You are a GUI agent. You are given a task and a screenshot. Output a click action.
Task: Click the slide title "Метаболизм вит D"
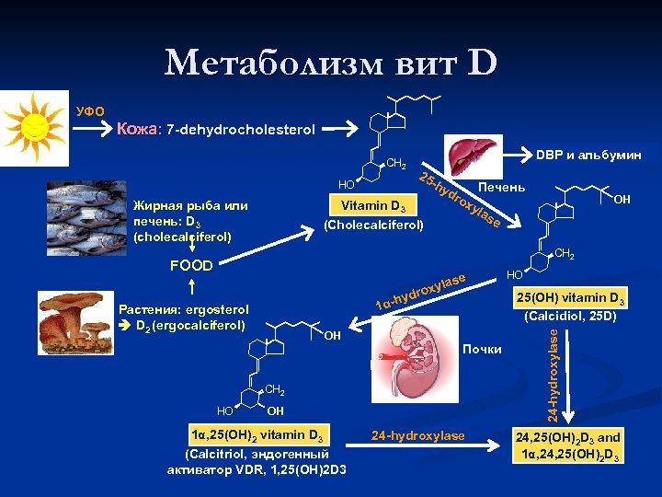tap(331, 64)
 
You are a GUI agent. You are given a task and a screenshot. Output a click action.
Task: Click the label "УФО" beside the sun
tap(90, 111)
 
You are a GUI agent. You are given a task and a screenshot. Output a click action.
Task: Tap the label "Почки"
tap(483, 349)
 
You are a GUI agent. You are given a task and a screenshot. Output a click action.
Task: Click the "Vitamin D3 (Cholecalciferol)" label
tap(372, 214)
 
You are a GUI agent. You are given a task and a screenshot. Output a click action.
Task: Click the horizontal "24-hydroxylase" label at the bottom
tap(418, 435)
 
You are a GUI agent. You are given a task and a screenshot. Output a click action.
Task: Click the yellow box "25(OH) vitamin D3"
tap(570, 298)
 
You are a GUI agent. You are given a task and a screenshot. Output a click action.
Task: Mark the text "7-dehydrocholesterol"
tap(241, 130)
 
